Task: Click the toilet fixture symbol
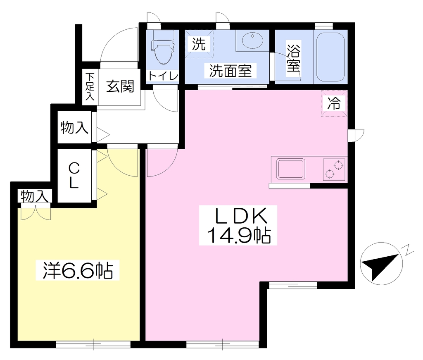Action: (x=163, y=47)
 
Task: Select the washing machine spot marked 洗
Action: (x=199, y=44)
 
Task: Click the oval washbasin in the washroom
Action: (x=253, y=41)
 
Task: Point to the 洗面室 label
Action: (x=231, y=71)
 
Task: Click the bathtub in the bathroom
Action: (x=330, y=57)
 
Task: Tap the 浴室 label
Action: (x=294, y=59)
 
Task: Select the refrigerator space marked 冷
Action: (x=334, y=103)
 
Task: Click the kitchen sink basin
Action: (x=291, y=169)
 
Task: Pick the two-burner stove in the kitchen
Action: (x=334, y=169)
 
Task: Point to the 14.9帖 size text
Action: (x=238, y=235)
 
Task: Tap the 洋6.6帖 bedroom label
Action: (x=78, y=270)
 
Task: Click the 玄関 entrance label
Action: (x=120, y=86)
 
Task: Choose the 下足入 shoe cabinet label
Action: (x=90, y=86)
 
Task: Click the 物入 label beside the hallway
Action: (x=74, y=127)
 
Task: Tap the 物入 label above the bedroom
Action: (x=35, y=196)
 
